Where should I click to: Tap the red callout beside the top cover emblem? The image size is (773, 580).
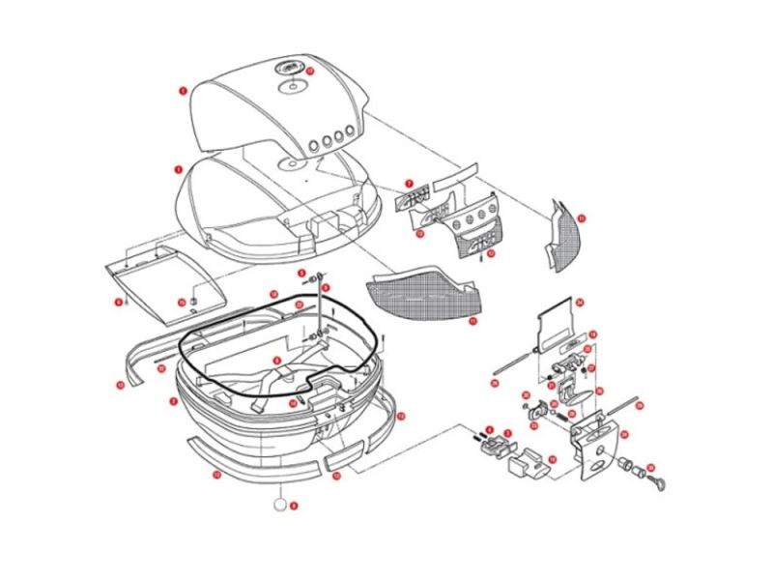click(x=309, y=70)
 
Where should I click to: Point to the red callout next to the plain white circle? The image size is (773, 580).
click(x=295, y=505)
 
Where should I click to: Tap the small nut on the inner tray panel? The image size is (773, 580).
click(x=192, y=301)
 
